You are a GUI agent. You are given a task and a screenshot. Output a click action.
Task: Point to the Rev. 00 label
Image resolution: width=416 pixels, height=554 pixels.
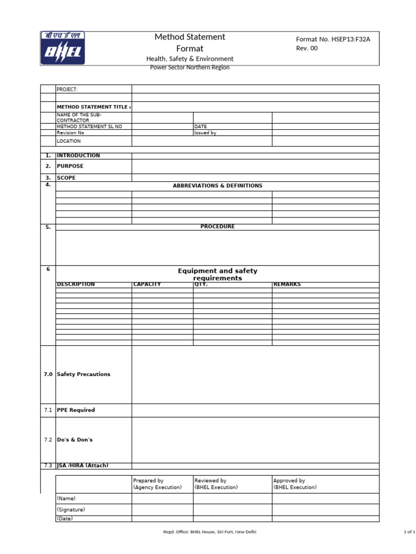307,48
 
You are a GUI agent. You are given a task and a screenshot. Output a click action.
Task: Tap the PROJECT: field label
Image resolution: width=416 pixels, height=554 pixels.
67,89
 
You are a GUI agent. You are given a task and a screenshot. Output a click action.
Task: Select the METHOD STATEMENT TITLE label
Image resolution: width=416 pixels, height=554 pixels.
93,107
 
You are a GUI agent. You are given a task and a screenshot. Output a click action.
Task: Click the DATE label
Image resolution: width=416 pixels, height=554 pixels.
200,127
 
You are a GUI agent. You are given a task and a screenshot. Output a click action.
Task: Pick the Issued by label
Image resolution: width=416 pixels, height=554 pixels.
205,133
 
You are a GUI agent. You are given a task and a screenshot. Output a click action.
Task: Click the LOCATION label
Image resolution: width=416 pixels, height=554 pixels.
69,141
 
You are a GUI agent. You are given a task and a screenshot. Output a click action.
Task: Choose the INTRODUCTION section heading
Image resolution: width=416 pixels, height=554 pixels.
79,156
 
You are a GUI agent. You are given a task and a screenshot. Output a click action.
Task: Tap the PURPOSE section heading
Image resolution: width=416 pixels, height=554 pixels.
70,166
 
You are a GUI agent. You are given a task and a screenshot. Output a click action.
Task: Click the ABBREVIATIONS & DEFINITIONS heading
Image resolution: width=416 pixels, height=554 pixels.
217,186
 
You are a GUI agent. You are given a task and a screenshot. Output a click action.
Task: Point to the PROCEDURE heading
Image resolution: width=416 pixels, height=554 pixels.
217,227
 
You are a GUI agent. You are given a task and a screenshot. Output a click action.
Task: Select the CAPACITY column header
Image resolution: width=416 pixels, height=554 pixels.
147,285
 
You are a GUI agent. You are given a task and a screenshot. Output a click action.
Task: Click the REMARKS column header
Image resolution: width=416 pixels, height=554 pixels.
287,285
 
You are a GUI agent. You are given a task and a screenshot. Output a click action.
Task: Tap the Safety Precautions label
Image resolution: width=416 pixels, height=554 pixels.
83,374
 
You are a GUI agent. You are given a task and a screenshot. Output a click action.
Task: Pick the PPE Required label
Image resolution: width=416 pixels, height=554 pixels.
76,410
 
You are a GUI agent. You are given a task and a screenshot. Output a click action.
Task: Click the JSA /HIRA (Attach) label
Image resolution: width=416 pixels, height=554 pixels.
86,466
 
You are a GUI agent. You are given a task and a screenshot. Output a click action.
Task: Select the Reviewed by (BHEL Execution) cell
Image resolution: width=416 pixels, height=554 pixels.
216,484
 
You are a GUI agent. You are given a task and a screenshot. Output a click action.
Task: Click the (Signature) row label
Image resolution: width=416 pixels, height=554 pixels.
71,510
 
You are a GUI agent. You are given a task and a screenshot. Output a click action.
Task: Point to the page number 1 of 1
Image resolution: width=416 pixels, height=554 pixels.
409,532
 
